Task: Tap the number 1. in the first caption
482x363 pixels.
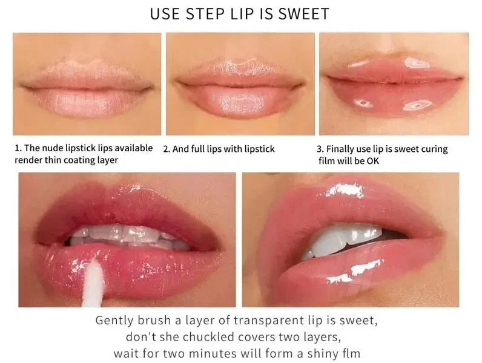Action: coord(18,148)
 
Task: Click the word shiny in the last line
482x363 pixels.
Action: coord(327,353)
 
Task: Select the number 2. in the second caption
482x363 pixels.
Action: coord(168,149)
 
